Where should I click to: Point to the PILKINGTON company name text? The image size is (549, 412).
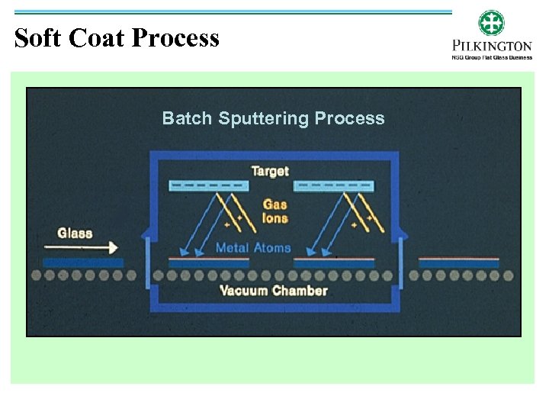tap(491, 46)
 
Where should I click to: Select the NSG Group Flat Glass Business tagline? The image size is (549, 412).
tap(491, 56)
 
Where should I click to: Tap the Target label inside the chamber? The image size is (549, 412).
tap(271, 171)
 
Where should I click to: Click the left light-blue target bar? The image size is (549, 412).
tap(207, 185)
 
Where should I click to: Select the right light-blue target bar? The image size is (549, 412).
tap(333, 185)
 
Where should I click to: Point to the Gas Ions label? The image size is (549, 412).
tap(275, 211)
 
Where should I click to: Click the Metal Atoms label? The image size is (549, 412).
tap(253, 247)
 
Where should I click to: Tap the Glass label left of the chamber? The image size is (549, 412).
tap(75, 233)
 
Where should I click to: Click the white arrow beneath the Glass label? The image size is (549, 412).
tap(81, 247)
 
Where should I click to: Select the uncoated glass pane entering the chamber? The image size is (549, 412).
tap(82, 262)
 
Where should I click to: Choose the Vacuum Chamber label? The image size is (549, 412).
tap(273, 291)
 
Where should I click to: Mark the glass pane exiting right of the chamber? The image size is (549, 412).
tap(458, 262)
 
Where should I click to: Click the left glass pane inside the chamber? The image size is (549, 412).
tap(208, 262)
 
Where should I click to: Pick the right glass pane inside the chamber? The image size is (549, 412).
tap(333, 262)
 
